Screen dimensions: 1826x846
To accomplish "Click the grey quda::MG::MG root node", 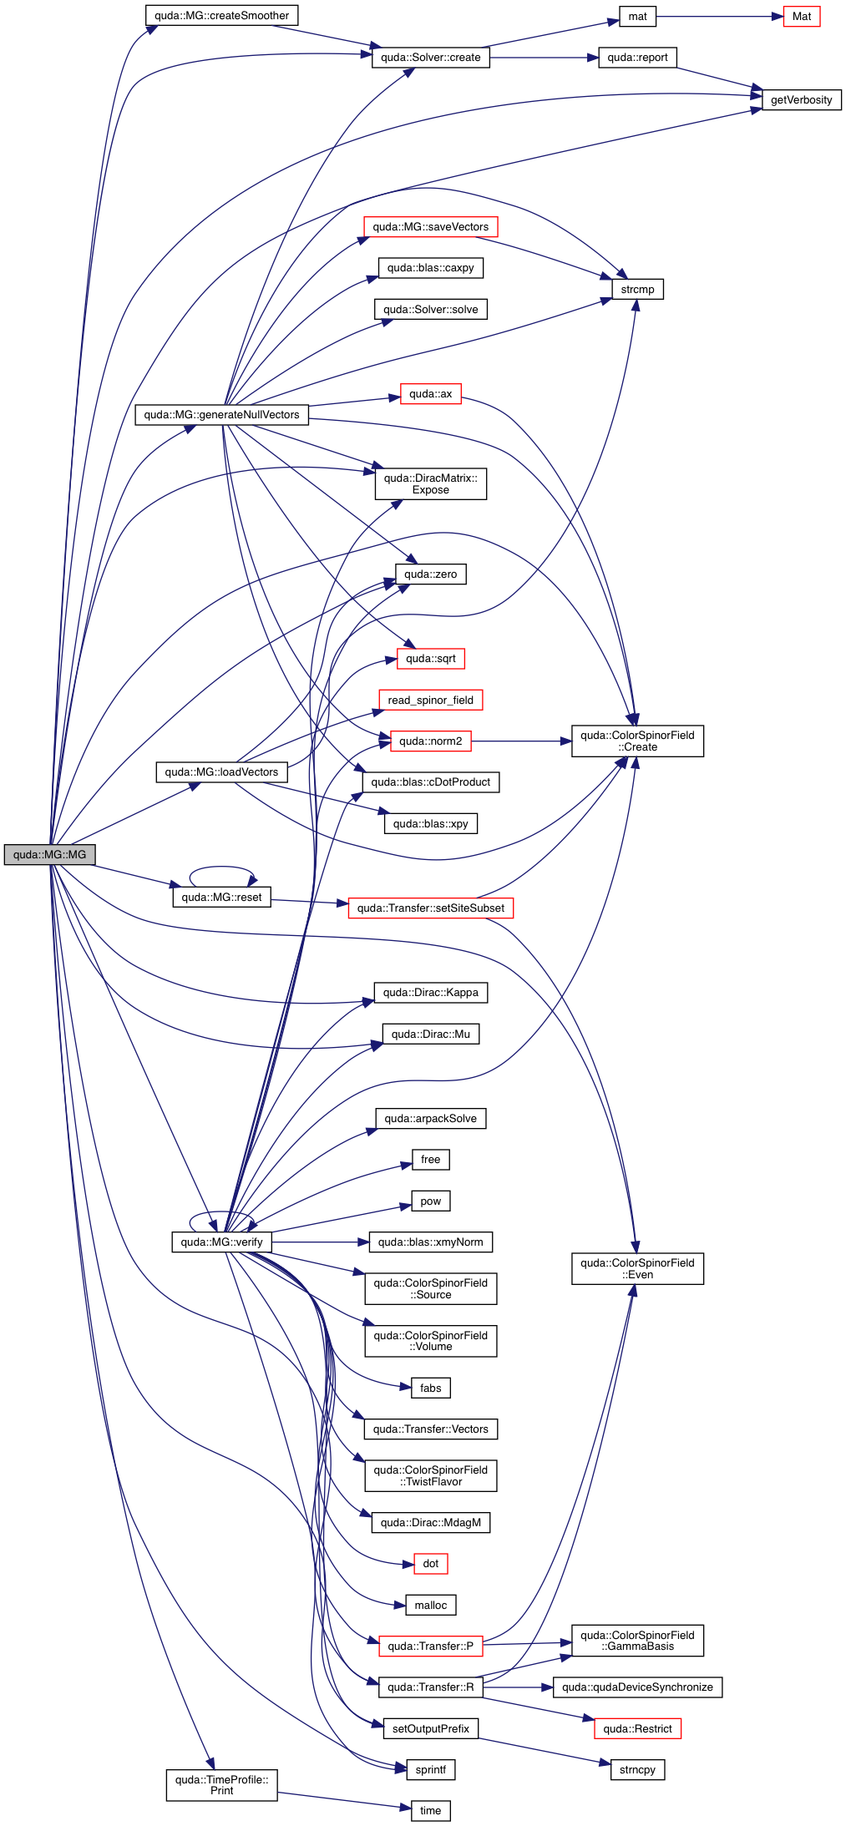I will [49, 854].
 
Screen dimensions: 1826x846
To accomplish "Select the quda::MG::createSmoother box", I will [221, 15].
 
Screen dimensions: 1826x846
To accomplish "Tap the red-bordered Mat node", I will [801, 16].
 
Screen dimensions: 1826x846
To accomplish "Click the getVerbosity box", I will [801, 99].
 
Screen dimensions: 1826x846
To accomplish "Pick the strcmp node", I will [637, 289].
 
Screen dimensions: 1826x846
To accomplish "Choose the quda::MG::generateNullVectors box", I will [221, 414].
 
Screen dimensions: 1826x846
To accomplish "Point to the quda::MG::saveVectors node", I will [430, 226].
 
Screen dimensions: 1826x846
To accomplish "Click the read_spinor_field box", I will [430, 700].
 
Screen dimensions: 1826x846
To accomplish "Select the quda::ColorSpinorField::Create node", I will [637, 741].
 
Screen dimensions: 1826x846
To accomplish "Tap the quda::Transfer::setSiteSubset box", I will [430, 908].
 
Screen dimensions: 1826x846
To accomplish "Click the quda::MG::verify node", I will [221, 1242].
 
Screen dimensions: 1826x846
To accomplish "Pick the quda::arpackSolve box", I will [430, 1118].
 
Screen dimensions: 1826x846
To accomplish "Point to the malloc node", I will [430, 1605].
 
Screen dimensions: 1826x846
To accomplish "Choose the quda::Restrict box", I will [637, 1728].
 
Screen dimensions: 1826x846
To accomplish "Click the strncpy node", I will [637, 1769].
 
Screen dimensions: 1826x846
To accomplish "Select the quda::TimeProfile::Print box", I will [221, 1784].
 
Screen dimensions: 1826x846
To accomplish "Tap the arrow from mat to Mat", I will [718, 16].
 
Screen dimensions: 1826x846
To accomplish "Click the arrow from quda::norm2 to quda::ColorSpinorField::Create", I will [521, 741].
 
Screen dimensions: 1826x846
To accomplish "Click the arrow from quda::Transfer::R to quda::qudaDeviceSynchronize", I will [518, 1687].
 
